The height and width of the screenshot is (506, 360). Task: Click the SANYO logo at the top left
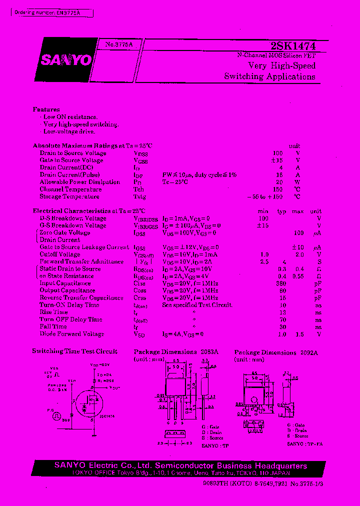point(66,60)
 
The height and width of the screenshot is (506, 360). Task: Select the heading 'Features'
point(46,109)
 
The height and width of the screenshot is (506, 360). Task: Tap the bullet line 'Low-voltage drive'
point(68,131)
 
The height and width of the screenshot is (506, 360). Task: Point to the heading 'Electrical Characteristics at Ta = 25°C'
point(89,211)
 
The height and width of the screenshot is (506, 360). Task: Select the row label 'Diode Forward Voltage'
point(71,333)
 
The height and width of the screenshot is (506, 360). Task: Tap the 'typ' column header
point(281,211)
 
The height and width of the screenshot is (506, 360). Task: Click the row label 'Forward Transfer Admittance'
point(81,261)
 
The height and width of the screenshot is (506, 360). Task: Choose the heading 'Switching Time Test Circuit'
point(75,351)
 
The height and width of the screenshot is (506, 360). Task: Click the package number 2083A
point(209,351)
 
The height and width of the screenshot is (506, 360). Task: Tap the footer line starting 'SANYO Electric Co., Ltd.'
point(180,466)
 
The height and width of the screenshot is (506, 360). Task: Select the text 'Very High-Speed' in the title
point(282,65)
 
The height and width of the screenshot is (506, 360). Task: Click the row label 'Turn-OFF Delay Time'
point(70,319)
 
